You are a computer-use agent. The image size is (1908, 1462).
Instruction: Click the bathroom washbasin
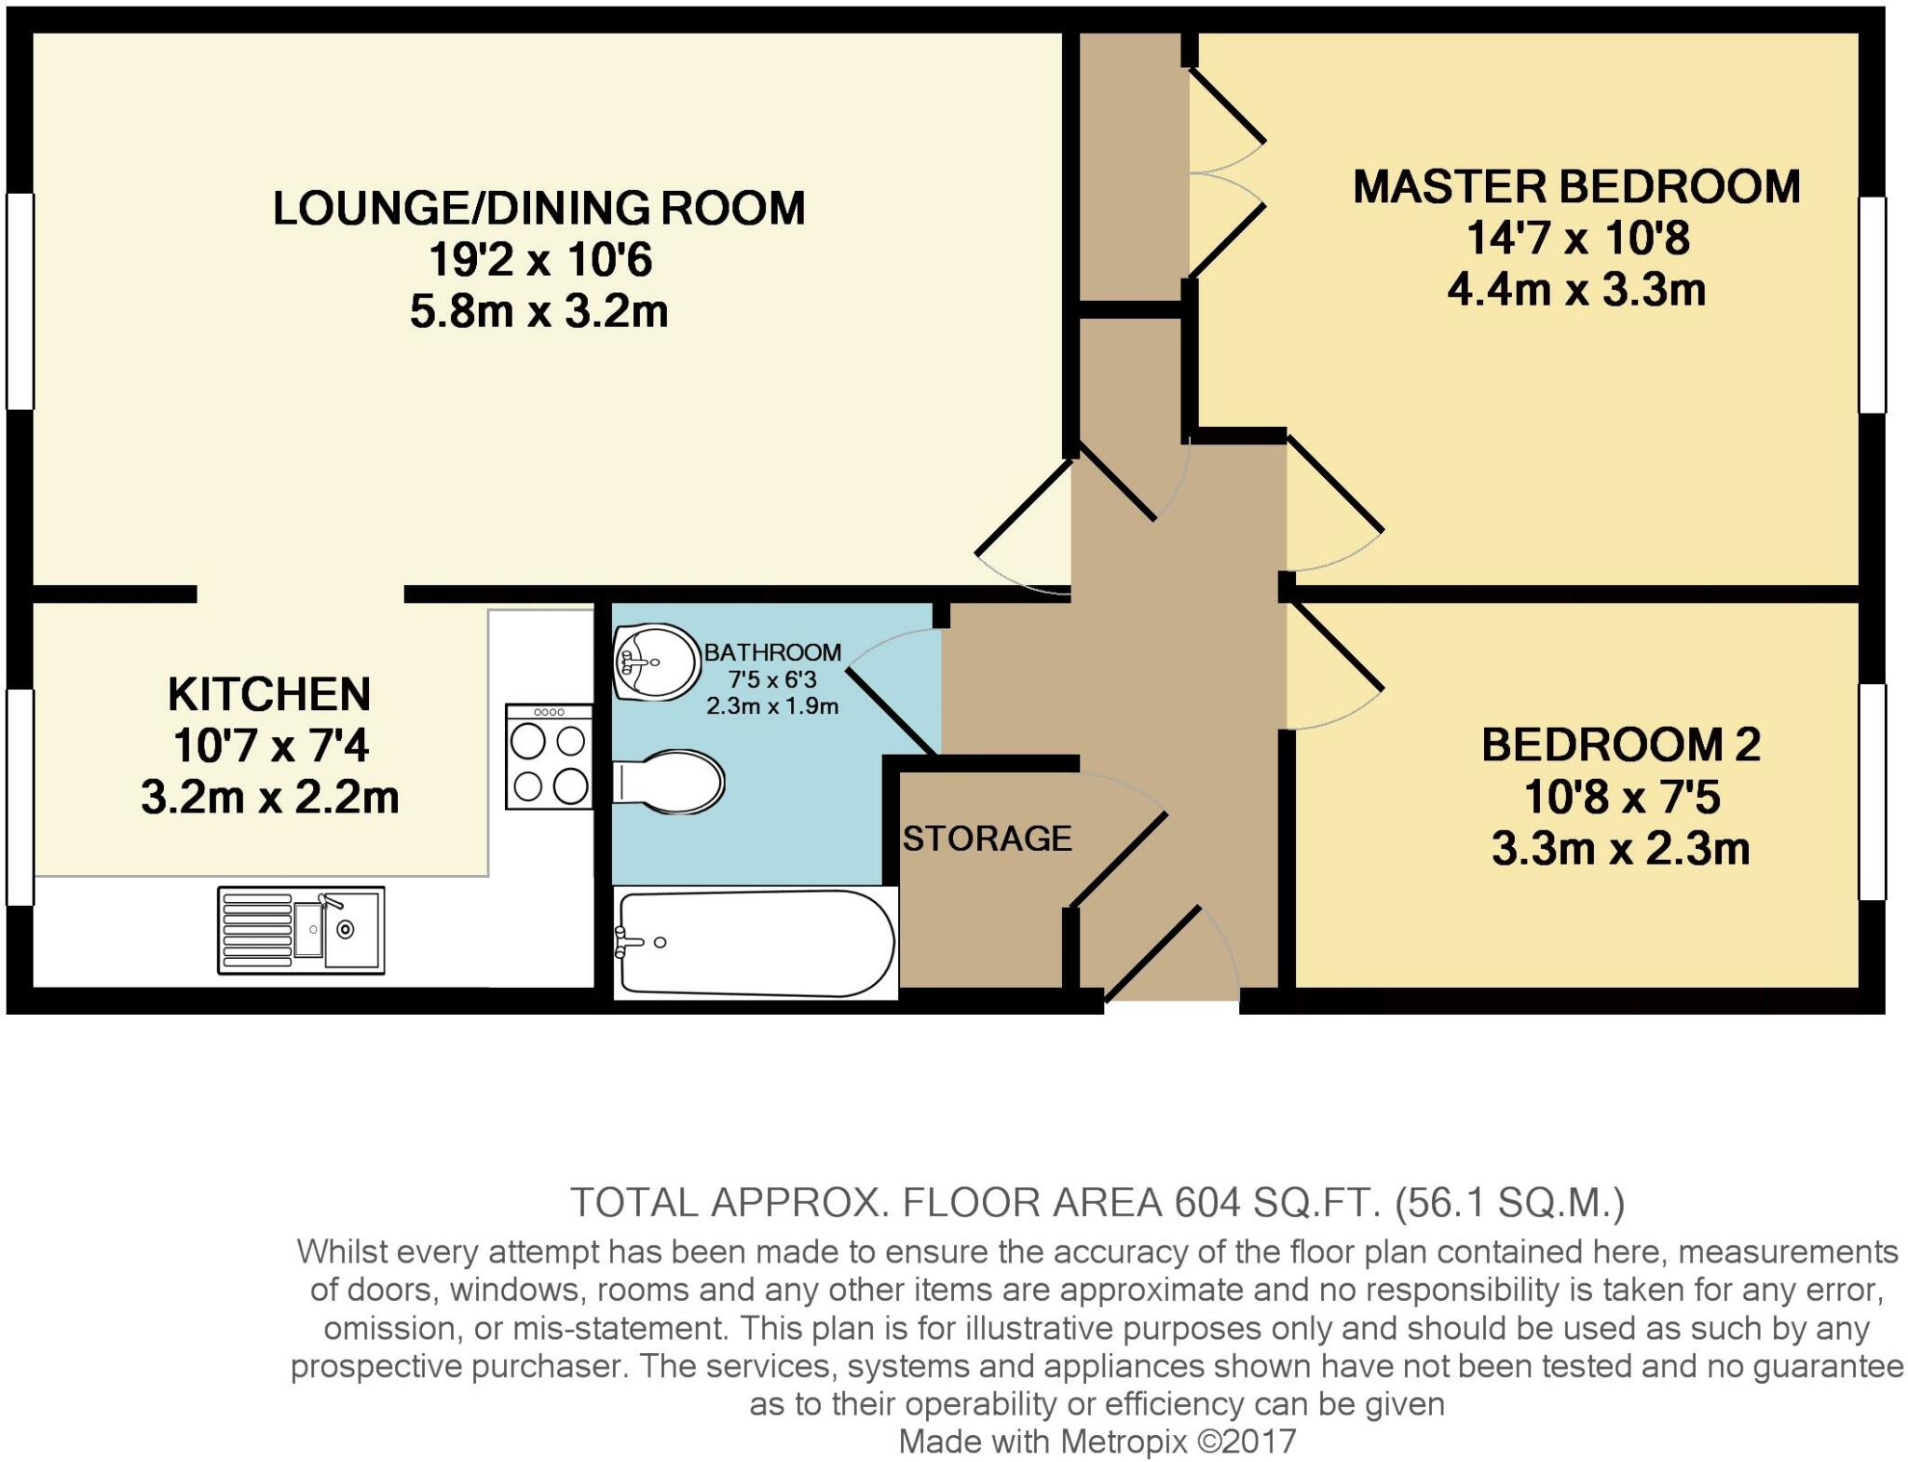point(657,662)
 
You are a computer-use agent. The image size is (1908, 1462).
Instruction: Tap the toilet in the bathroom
point(668,782)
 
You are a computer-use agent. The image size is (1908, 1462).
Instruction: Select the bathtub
point(756,943)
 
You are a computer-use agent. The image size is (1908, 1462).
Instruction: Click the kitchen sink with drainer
point(301,930)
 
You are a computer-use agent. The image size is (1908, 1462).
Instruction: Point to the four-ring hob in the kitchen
point(549,756)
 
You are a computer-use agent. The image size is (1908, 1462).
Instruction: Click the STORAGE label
point(988,839)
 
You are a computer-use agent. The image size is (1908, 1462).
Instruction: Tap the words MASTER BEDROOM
point(1576,186)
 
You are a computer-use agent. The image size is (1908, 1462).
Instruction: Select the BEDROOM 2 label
point(1621,745)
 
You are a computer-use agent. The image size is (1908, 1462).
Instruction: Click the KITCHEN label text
point(269,694)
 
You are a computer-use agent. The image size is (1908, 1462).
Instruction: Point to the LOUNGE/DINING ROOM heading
point(538,208)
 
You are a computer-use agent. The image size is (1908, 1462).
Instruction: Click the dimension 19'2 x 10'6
point(540,259)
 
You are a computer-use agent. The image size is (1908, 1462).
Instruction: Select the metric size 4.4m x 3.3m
point(1576,290)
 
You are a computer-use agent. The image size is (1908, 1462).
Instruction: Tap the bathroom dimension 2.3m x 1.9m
point(772,705)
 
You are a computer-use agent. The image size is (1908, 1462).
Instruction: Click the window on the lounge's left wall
point(20,301)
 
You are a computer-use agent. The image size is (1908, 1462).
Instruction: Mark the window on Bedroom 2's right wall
point(1872,792)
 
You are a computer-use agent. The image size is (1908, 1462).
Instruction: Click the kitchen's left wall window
point(20,797)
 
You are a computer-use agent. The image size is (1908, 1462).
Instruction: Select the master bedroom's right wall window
point(1872,305)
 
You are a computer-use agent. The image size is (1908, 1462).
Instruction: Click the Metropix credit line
point(1097,1442)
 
